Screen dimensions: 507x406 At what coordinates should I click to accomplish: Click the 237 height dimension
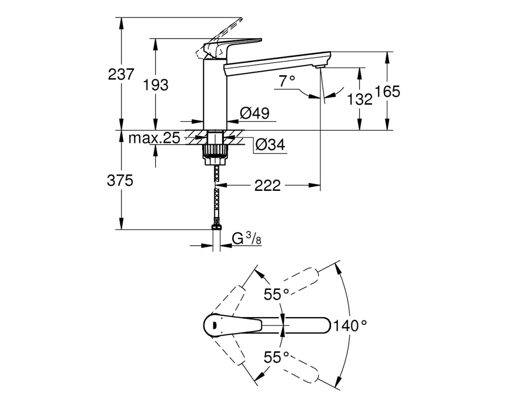pos(121,74)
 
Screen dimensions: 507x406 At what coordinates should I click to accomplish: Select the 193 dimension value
pos(156,85)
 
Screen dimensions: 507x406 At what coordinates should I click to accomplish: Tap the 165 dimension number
pos(388,91)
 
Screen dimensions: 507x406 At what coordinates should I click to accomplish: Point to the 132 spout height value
pos(359,99)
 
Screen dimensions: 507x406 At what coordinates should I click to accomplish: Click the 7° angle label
pos(287,81)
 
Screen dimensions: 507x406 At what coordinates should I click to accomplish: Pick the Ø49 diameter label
pos(255,113)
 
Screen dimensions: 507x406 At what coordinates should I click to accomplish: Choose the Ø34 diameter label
pos(270,145)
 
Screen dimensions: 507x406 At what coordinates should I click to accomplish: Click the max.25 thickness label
pos(154,138)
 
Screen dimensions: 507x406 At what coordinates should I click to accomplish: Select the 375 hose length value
pos(120,180)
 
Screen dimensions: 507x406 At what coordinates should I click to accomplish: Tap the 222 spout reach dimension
pos(267,186)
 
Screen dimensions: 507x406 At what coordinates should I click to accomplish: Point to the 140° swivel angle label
pos(350,325)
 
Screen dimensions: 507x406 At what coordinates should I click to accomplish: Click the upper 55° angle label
pos(276,294)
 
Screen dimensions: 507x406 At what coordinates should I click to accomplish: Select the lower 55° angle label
pos(276,357)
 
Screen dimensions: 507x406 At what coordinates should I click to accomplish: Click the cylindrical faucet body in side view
pos(215,94)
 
